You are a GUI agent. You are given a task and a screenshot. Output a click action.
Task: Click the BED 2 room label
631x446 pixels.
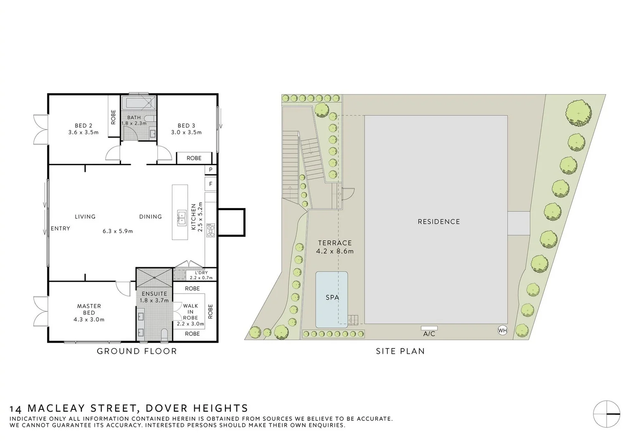83,126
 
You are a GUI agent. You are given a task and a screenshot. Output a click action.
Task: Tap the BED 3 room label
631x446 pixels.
186,126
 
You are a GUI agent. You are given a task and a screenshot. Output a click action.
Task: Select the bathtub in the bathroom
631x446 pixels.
139,103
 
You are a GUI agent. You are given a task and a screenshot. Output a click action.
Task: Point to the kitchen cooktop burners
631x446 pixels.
211,230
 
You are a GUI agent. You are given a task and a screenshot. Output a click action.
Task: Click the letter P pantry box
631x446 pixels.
210,170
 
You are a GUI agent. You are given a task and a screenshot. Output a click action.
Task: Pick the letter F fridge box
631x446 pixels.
210,184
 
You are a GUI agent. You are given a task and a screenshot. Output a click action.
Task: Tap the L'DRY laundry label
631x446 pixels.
201,273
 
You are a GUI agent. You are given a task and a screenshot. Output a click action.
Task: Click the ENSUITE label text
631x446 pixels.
154,294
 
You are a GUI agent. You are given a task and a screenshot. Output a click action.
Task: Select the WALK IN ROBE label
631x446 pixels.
190,312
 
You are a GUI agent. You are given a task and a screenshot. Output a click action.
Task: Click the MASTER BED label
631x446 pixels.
89,309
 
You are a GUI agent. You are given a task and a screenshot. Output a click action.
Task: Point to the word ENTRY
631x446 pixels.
60,228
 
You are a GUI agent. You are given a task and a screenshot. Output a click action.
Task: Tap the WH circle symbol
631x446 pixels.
502,330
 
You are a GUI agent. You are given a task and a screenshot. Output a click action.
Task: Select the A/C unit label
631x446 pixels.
429,334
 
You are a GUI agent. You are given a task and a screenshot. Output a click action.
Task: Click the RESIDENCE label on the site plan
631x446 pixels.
438,222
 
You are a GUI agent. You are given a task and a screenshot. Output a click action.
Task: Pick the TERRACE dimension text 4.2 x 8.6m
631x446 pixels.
335,251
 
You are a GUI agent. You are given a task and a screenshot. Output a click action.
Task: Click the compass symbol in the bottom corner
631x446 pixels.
607,414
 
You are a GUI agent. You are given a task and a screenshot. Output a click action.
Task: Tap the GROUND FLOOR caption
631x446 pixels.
137,351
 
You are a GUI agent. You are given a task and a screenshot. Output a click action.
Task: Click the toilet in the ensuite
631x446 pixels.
164,335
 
